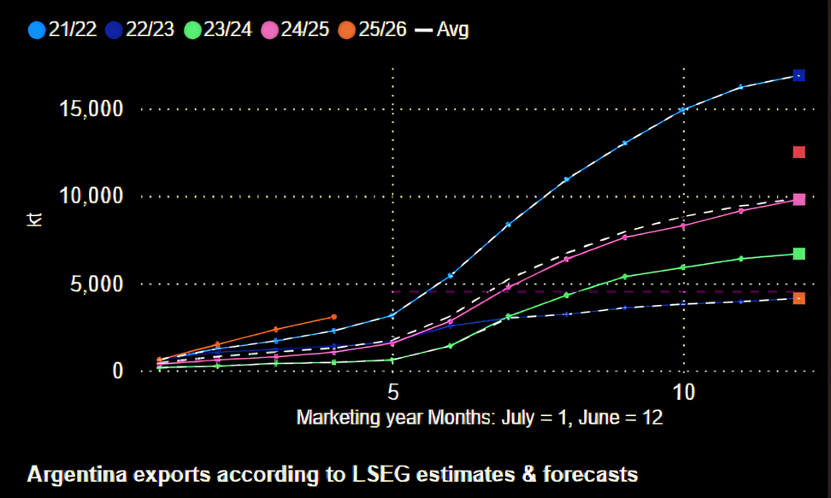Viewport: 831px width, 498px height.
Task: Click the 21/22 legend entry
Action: (x=61, y=29)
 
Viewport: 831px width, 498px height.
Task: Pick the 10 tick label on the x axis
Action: (x=683, y=394)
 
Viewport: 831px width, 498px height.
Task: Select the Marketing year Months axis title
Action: (x=480, y=418)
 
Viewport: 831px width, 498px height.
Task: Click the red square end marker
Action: (x=799, y=152)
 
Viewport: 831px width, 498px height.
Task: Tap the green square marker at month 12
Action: (x=799, y=254)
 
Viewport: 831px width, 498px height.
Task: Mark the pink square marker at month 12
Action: (x=799, y=199)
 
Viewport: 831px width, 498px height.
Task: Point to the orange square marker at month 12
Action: (x=799, y=298)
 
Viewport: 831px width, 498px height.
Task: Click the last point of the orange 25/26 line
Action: (x=334, y=317)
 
